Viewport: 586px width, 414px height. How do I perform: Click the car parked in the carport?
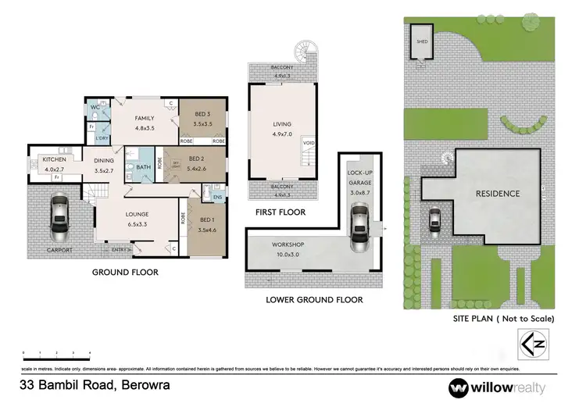59,218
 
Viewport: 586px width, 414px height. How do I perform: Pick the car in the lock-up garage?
359,225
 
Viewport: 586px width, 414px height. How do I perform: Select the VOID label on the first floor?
309,142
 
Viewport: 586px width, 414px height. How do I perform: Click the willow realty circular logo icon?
459,387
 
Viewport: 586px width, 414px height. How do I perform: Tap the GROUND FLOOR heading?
126,273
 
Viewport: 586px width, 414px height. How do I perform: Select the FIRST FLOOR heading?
279,212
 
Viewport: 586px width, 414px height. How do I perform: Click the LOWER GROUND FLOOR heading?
314,299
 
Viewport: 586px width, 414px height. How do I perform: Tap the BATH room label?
143,167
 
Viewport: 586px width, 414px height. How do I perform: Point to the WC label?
95,107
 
